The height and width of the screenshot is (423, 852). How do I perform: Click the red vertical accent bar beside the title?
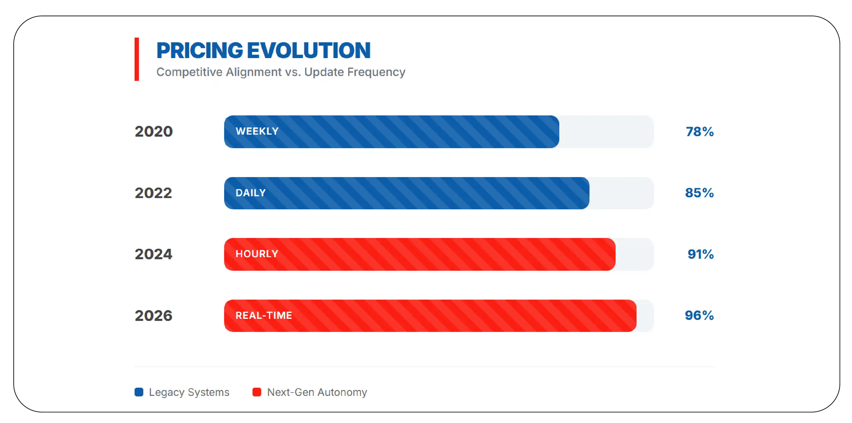[x=137, y=59]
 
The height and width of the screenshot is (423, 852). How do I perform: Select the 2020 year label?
[x=154, y=132]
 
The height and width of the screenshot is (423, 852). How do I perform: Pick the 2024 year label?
[x=154, y=254]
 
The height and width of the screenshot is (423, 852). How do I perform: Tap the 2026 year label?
[x=154, y=316]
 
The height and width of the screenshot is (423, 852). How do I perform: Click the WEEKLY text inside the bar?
[x=257, y=131]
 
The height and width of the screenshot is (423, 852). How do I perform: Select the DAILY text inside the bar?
[x=250, y=193]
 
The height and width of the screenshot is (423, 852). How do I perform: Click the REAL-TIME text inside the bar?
[x=264, y=316]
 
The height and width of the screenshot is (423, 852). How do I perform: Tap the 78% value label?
[x=700, y=132]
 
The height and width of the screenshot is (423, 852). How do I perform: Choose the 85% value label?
[x=699, y=193]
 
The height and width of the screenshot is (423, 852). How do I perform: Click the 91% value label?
[x=701, y=254]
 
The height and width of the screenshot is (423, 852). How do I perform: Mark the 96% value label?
[x=699, y=316]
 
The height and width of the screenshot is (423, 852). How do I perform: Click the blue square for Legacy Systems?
[x=139, y=392]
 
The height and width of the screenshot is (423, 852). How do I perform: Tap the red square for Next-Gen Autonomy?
[x=257, y=392]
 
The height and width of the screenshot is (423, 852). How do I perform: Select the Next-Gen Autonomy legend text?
[x=317, y=392]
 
